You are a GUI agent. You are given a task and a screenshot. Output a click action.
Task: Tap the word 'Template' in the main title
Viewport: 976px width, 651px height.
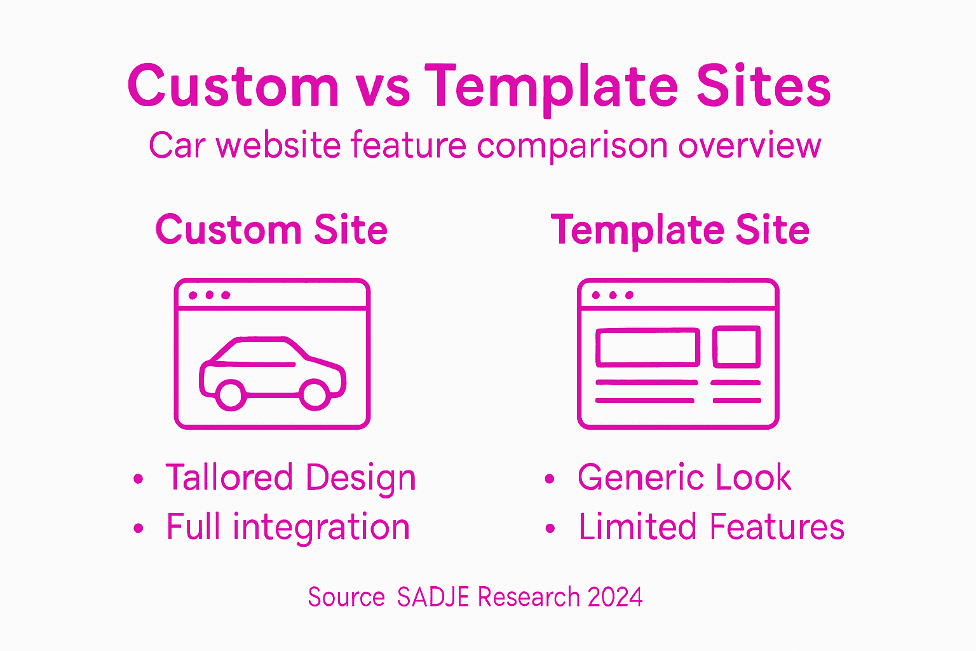[x=552, y=88]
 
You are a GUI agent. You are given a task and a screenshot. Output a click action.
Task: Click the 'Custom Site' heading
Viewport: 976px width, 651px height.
[x=271, y=230]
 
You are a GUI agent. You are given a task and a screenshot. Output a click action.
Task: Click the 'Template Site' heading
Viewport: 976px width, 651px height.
[x=680, y=230]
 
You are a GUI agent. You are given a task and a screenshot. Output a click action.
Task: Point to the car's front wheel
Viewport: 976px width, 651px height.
[x=314, y=394]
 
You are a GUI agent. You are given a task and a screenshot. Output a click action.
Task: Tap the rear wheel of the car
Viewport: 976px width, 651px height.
[x=230, y=394]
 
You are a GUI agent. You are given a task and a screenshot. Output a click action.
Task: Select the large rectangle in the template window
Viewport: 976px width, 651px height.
[x=647, y=347]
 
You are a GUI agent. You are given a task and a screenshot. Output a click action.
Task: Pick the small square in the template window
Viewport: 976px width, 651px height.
[x=736, y=346]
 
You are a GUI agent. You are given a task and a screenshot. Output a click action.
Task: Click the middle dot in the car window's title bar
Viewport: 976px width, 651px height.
[x=209, y=295]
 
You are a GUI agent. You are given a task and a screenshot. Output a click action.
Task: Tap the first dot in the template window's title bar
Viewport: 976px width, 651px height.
[x=596, y=295]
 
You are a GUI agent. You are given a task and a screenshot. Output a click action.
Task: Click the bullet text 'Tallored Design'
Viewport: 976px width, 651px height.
[x=290, y=477]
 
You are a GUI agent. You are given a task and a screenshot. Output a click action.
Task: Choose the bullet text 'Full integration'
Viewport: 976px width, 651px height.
[x=288, y=527]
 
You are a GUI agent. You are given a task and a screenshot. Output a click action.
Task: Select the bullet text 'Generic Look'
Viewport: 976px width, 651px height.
[x=684, y=477]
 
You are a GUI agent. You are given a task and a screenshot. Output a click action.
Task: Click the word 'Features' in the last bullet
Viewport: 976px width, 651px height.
[x=776, y=527]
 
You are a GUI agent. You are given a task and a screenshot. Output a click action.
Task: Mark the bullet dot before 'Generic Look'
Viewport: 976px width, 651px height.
[x=550, y=479]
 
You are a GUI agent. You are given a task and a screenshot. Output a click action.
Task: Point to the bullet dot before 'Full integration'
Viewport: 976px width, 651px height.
[x=139, y=528]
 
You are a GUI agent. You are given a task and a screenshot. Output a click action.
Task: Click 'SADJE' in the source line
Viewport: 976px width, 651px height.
[x=433, y=598]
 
